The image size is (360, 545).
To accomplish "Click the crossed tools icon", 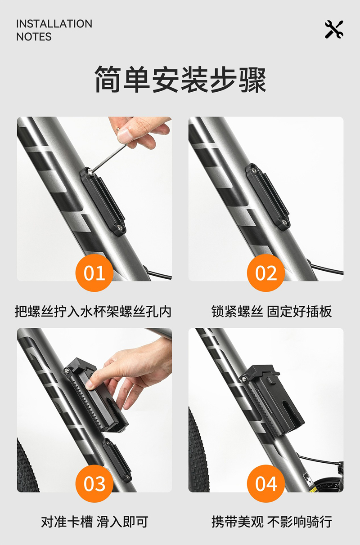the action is click(334, 29).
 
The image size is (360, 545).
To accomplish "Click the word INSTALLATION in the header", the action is click(54, 24).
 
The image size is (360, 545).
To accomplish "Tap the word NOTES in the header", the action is click(34, 37).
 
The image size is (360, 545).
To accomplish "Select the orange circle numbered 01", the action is click(94, 273).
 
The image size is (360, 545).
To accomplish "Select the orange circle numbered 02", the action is click(266, 273).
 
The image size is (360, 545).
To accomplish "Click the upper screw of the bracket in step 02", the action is click(254, 171).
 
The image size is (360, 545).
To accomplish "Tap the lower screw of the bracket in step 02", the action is click(284, 222).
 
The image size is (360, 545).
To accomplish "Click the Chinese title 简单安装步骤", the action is click(180, 79).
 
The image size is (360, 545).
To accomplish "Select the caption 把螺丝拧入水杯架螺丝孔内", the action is click(93, 312).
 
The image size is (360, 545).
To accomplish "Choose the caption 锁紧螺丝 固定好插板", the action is click(271, 312).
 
